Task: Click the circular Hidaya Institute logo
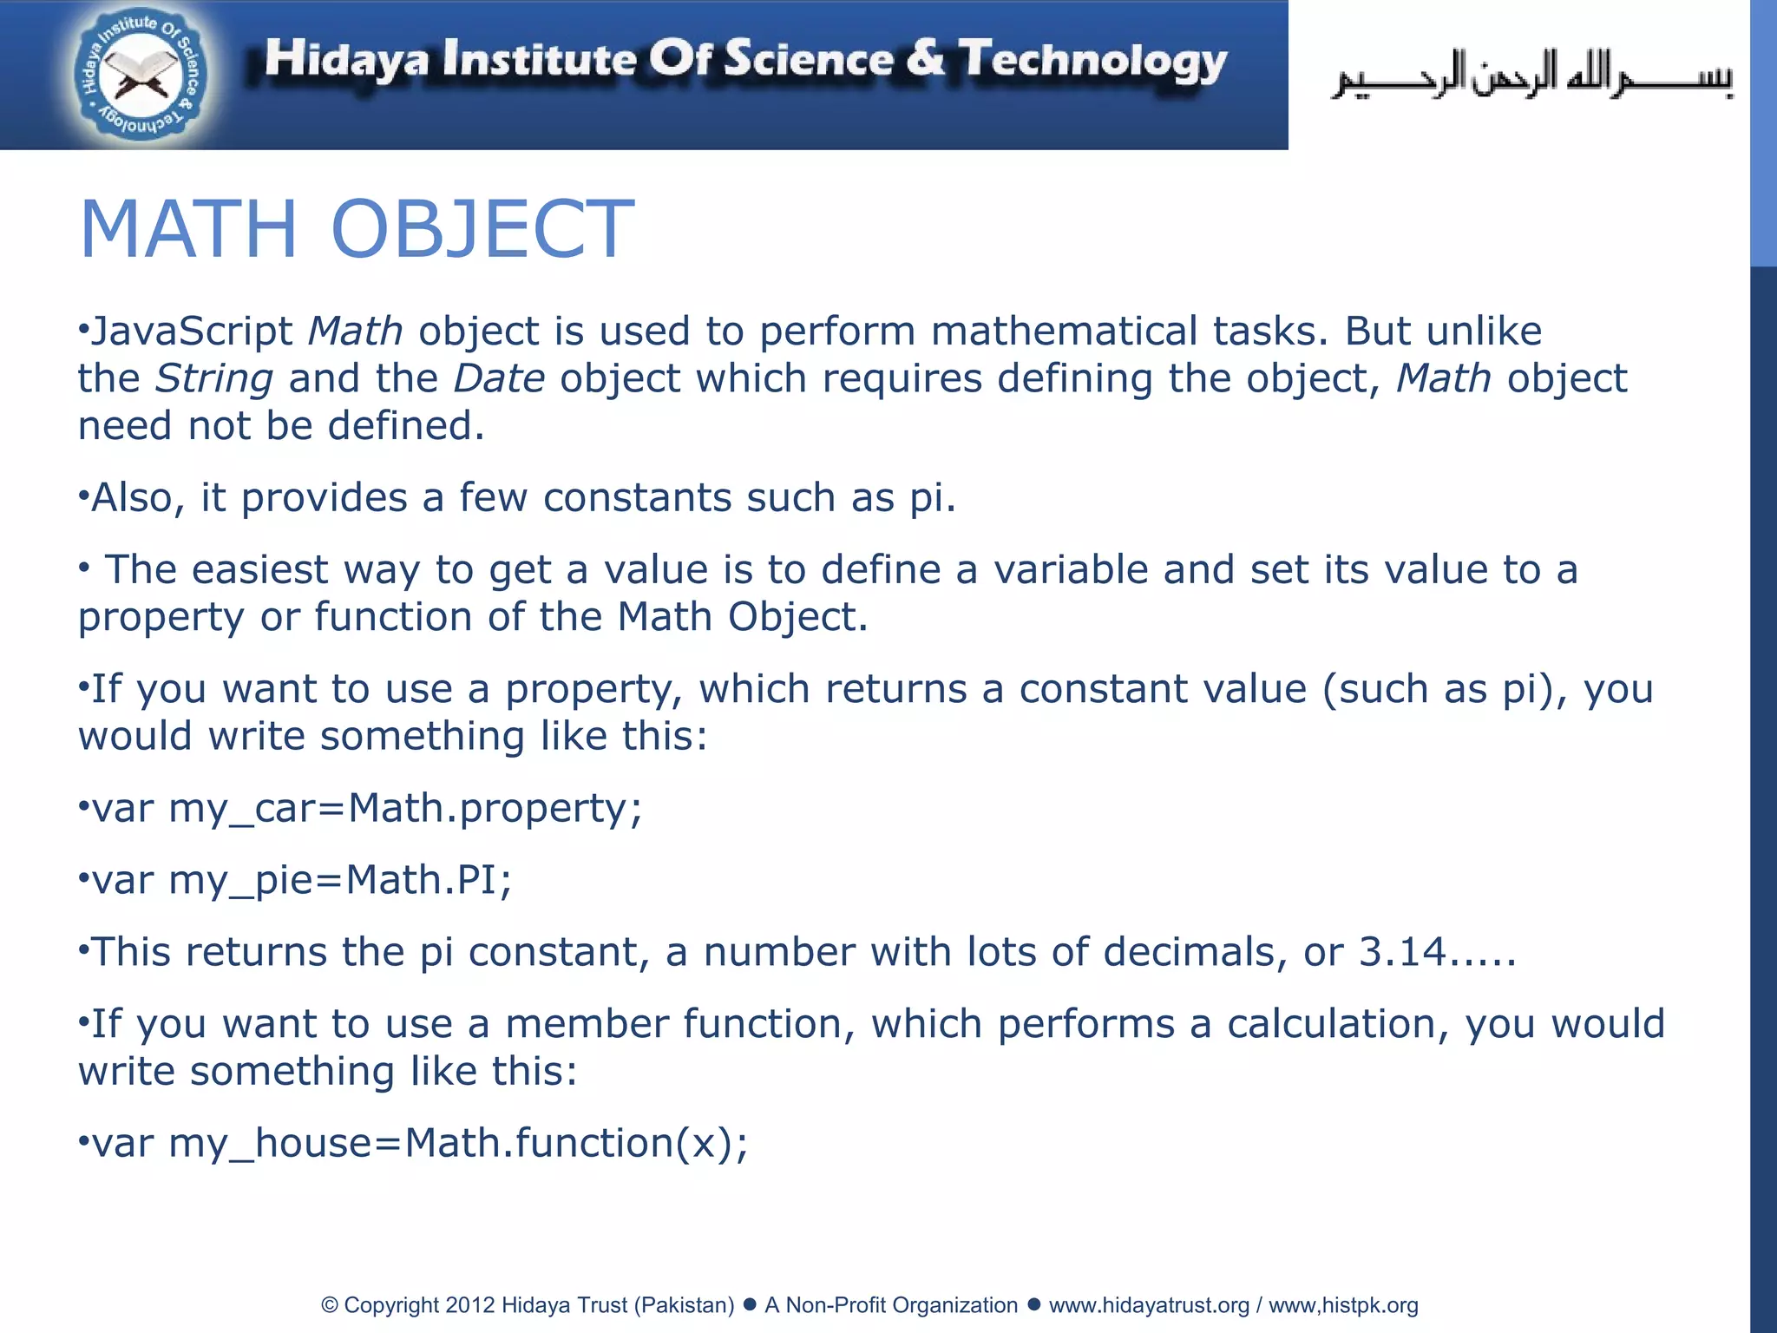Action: click(140, 76)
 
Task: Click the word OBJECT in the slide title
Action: click(482, 229)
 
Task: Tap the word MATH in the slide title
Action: click(188, 229)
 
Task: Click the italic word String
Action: click(214, 379)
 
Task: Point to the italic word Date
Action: click(499, 379)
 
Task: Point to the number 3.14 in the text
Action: click(1402, 952)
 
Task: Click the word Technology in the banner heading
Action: click(1092, 61)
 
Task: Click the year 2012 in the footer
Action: click(469, 1305)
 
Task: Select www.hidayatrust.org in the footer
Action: click(1149, 1305)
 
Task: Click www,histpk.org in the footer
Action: click(1343, 1305)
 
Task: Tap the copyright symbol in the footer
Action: click(329, 1305)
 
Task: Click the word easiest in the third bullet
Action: click(260, 570)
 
